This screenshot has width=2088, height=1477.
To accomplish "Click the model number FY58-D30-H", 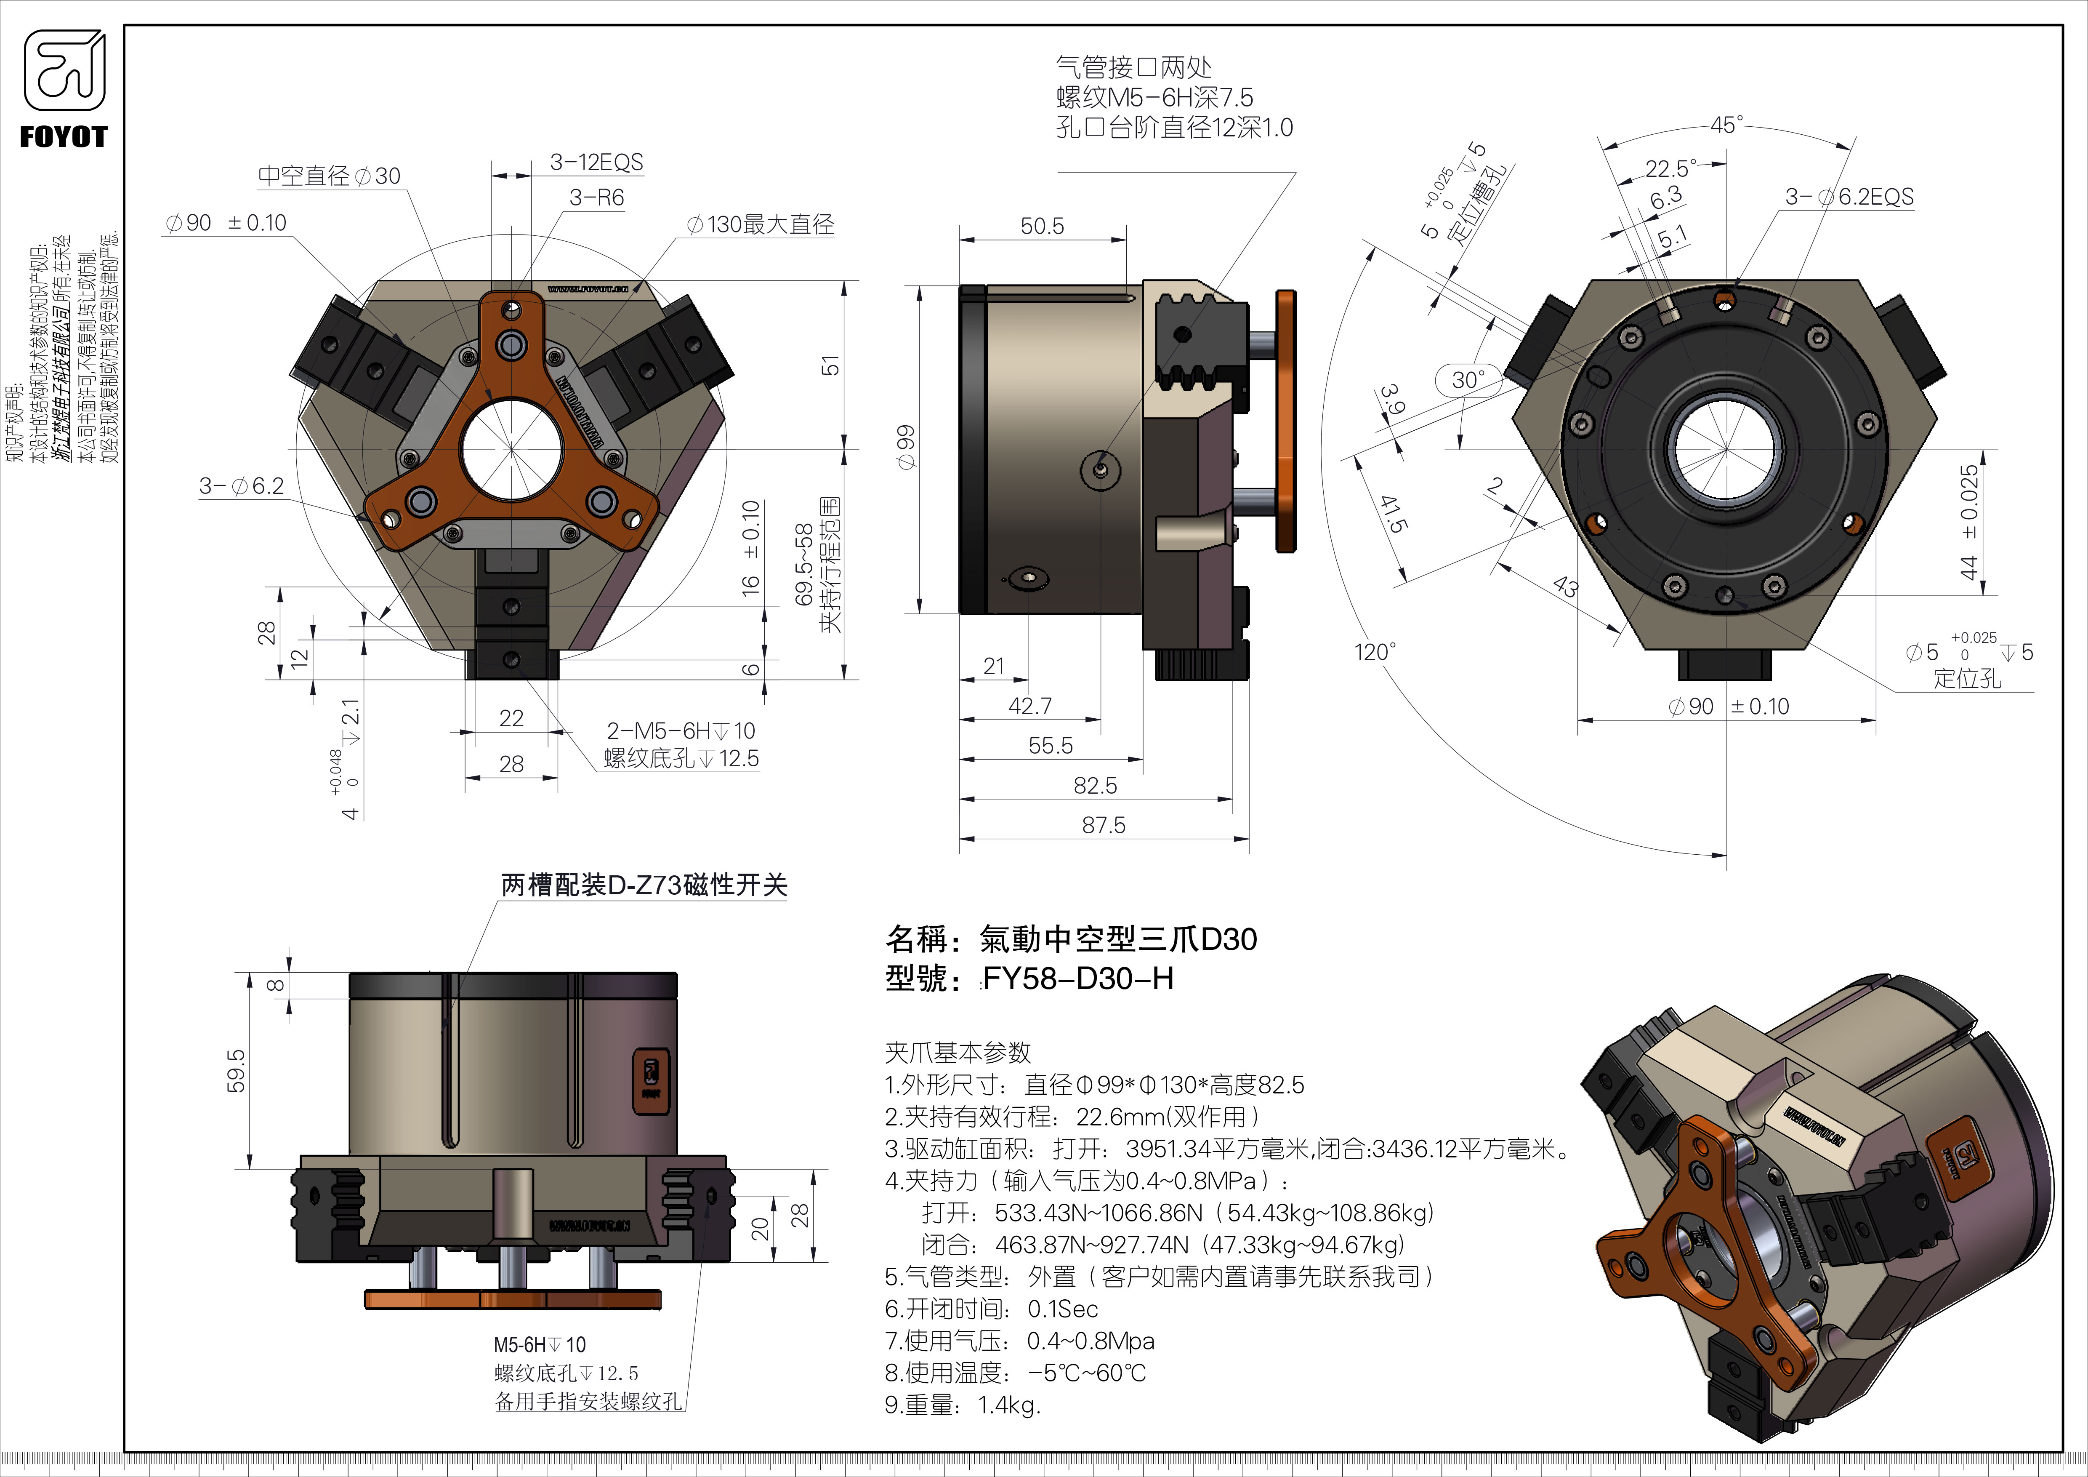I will [x=1077, y=978].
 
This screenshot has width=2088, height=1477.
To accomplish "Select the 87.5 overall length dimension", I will [x=1103, y=825].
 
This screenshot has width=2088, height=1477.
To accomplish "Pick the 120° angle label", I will [x=1374, y=652].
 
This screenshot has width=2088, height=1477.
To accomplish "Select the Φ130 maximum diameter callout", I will [x=760, y=225].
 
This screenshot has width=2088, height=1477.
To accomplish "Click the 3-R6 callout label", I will [x=596, y=197].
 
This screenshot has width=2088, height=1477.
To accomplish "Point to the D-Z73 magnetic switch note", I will [x=644, y=885].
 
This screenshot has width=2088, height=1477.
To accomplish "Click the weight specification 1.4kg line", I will [x=962, y=1405].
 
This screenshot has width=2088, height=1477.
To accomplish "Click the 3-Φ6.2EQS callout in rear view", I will [x=1849, y=197].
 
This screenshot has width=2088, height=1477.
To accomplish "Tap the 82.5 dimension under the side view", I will [x=1095, y=785].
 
